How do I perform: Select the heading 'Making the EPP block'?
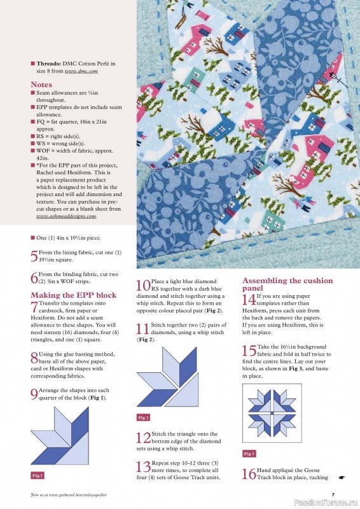(x=73, y=295)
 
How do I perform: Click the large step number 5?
(x=34, y=257)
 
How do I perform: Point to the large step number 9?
(x=34, y=394)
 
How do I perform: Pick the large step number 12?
(x=143, y=438)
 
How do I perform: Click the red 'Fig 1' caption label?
(x=38, y=475)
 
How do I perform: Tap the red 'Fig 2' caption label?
(x=143, y=417)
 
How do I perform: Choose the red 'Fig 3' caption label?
(x=249, y=454)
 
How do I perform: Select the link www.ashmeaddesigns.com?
(x=66, y=216)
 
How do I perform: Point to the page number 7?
(x=333, y=494)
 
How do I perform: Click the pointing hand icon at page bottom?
(x=341, y=477)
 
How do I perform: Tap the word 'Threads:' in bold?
(x=48, y=64)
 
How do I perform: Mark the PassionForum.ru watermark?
(x=331, y=503)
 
